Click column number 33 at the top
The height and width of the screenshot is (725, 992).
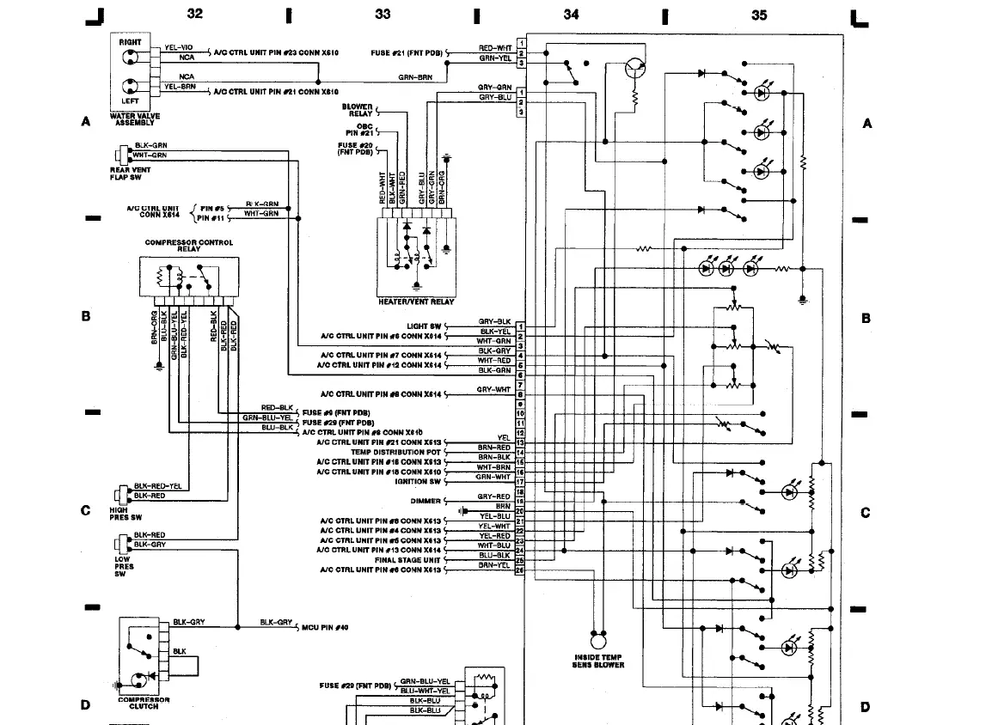pyautogui.click(x=383, y=15)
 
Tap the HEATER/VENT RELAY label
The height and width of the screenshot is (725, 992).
pyautogui.click(x=416, y=302)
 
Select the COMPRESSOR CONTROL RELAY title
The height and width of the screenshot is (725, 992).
pyautogui.click(x=188, y=246)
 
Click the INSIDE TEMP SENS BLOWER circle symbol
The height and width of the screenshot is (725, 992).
pyautogui.click(x=597, y=641)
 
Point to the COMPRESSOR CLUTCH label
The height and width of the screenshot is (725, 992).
pyautogui.click(x=144, y=704)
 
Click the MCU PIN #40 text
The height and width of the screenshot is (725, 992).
pyautogui.click(x=325, y=627)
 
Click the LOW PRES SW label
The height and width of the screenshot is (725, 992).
pyautogui.click(x=124, y=567)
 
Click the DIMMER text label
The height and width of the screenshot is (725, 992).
pyautogui.click(x=426, y=501)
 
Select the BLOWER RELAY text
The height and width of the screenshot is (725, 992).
pyautogui.click(x=358, y=110)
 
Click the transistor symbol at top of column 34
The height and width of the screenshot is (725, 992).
pyautogui.click(x=635, y=69)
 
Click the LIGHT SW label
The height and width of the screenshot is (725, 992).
pyautogui.click(x=424, y=326)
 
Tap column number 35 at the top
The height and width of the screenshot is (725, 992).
pyautogui.click(x=758, y=15)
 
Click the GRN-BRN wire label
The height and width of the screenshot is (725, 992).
pyautogui.click(x=415, y=77)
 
